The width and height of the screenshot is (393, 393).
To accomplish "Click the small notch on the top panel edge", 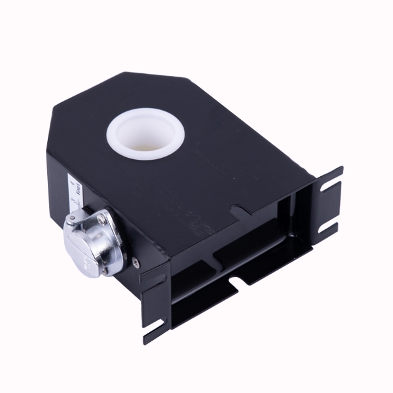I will tap(240, 210).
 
